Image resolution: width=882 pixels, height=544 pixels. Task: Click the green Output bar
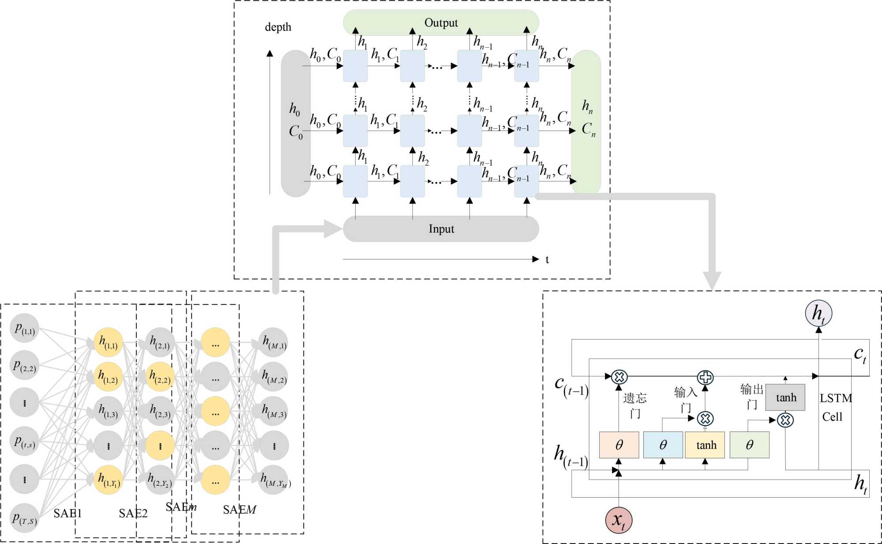point(441,23)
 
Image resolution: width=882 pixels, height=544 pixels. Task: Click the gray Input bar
point(441,229)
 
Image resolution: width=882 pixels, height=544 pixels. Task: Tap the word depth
point(278,27)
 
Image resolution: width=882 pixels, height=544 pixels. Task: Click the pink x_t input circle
point(618,520)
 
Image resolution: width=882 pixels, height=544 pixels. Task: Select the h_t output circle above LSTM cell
point(818,313)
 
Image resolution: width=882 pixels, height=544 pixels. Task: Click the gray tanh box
point(785,398)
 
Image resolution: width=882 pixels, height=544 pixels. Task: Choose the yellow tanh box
point(705,445)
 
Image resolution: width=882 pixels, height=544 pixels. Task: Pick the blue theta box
point(663,445)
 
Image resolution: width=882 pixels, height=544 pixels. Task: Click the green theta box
point(749,445)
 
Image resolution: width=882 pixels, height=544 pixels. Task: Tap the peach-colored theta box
point(619,445)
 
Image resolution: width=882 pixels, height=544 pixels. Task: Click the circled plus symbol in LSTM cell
point(705,377)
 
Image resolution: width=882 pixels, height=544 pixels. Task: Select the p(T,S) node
point(24,518)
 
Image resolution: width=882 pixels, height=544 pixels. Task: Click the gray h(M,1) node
point(274,342)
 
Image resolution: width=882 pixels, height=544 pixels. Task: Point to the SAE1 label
point(68,513)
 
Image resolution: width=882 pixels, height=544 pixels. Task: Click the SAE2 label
point(133,513)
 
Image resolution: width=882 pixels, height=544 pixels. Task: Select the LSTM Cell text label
point(835,407)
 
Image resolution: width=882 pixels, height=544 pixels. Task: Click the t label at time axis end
point(547,259)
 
